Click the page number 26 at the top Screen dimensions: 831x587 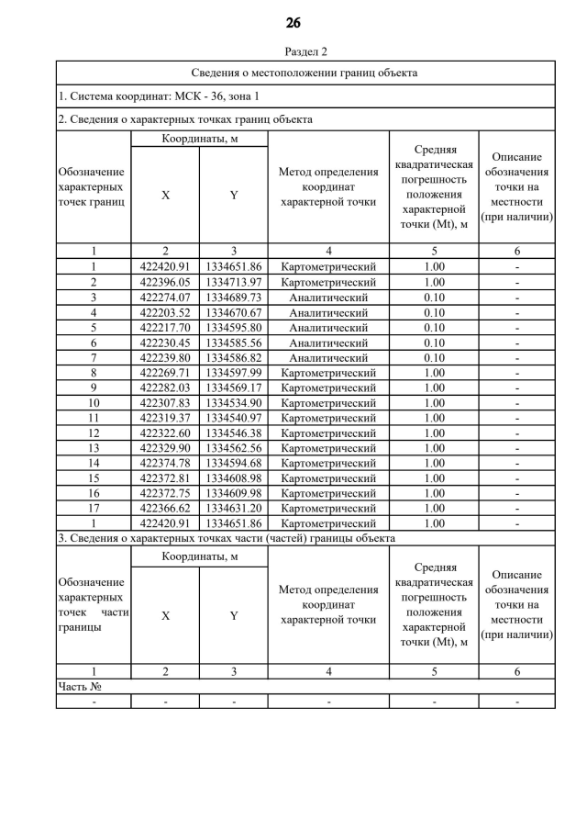[x=293, y=22]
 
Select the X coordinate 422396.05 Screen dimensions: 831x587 [x=165, y=282]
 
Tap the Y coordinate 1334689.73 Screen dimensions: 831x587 [x=233, y=298]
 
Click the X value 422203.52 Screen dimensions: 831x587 [x=165, y=312]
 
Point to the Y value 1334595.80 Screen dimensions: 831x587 [x=233, y=328]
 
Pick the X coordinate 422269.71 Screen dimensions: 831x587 [x=165, y=373]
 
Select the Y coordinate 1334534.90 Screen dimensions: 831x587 [x=233, y=403]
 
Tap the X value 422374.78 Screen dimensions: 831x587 [x=165, y=463]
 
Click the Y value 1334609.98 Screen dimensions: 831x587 [x=233, y=493]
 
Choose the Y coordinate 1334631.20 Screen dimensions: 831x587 [x=233, y=509]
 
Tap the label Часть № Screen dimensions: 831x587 [x=79, y=686]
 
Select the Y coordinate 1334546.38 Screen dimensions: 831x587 [x=233, y=433]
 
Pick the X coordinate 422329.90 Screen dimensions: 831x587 [x=165, y=448]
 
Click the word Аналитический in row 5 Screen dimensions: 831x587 [x=328, y=328]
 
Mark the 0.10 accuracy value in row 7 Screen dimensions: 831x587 [x=434, y=358]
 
